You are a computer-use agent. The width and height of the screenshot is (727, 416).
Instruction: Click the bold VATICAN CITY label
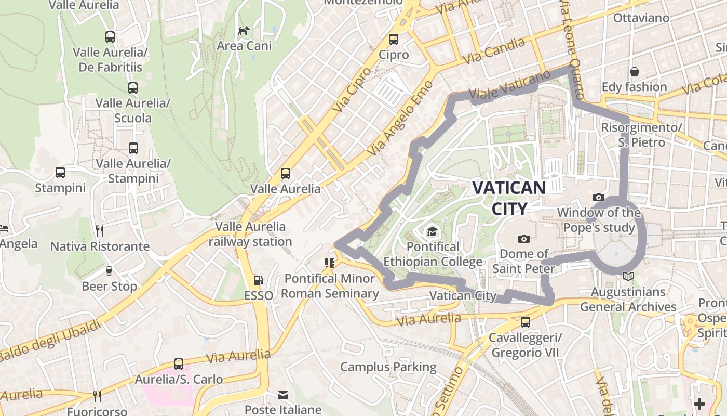point(508,198)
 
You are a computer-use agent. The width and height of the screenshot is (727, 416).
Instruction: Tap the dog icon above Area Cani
point(244,31)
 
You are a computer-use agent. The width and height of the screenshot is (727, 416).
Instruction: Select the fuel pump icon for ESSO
point(258,281)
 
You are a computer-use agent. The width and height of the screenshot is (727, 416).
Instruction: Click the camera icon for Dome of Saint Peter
point(524,239)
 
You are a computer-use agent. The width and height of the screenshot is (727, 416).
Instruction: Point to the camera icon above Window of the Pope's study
point(599,197)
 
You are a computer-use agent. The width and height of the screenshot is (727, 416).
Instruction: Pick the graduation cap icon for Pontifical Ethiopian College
point(432,231)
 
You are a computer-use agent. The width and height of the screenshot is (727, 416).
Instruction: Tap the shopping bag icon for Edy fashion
point(634,72)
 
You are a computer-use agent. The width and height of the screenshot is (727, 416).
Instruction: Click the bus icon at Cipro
point(394,40)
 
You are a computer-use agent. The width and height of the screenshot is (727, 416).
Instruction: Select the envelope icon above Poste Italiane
point(283,395)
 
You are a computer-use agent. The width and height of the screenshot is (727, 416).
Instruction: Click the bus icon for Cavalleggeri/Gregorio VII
point(526,322)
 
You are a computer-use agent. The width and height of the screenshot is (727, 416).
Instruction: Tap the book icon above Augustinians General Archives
point(628,277)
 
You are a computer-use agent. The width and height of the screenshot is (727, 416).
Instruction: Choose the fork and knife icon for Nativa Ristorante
point(100,230)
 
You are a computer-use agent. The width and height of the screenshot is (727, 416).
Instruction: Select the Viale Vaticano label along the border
point(509,84)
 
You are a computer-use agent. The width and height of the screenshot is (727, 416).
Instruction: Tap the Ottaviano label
point(641,18)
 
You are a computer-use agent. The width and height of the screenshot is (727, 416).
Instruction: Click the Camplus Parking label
point(388,367)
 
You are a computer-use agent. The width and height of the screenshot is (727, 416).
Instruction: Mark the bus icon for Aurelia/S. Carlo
point(179,364)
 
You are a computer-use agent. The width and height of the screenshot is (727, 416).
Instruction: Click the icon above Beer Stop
point(109,271)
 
